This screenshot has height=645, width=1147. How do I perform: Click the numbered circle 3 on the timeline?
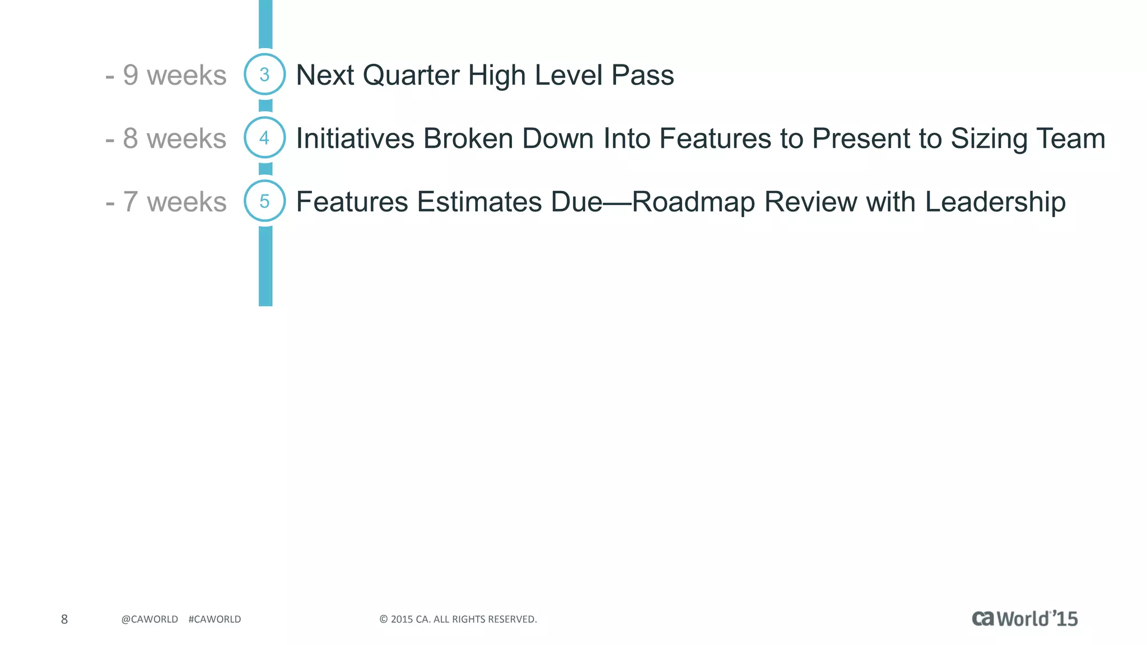click(x=265, y=74)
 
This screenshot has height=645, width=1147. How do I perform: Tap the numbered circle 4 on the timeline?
click(x=265, y=138)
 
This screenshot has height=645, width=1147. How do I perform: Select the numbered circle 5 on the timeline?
click(x=265, y=201)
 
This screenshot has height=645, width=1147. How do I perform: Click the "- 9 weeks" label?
click(x=166, y=75)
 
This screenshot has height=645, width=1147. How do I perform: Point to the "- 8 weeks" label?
click(x=166, y=138)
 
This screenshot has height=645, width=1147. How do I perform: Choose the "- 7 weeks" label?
click(x=166, y=202)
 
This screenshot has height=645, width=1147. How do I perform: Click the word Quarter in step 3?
click(x=411, y=75)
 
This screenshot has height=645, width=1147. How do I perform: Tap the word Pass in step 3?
click(x=642, y=75)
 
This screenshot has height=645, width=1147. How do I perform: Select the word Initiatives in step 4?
click(x=355, y=138)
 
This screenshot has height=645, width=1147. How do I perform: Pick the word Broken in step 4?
click(x=468, y=138)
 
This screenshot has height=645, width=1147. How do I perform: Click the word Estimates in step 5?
click(x=479, y=202)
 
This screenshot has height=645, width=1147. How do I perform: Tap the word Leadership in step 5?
click(x=995, y=202)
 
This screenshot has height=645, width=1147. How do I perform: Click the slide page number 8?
click(x=64, y=619)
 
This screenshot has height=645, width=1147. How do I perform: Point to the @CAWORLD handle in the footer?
click(x=150, y=619)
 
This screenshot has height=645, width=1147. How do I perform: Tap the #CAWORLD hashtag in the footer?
click(x=215, y=619)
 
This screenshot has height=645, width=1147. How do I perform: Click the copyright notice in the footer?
click(x=458, y=619)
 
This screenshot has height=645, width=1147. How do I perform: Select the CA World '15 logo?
click(x=1024, y=619)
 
